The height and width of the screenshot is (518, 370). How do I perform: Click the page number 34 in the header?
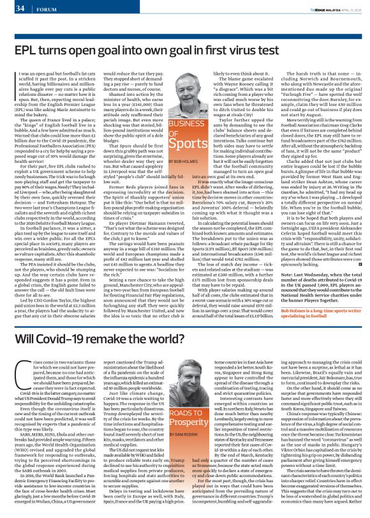20,8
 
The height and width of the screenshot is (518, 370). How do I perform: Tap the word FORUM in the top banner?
44,9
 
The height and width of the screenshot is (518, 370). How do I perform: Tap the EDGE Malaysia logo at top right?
316,8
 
